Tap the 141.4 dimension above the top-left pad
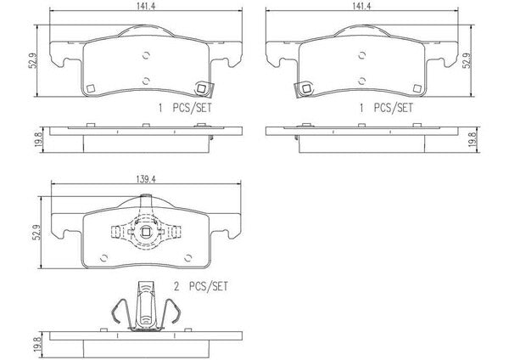click(x=146, y=6)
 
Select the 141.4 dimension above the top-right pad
click(x=361, y=6)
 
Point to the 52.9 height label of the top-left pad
click(x=33, y=61)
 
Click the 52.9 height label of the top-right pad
click(x=467, y=60)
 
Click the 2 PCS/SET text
click(x=201, y=286)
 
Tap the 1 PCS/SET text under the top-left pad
click(x=185, y=108)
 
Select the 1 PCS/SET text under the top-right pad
click(x=386, y=108)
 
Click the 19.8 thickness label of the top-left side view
click(x=37, y=139)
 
